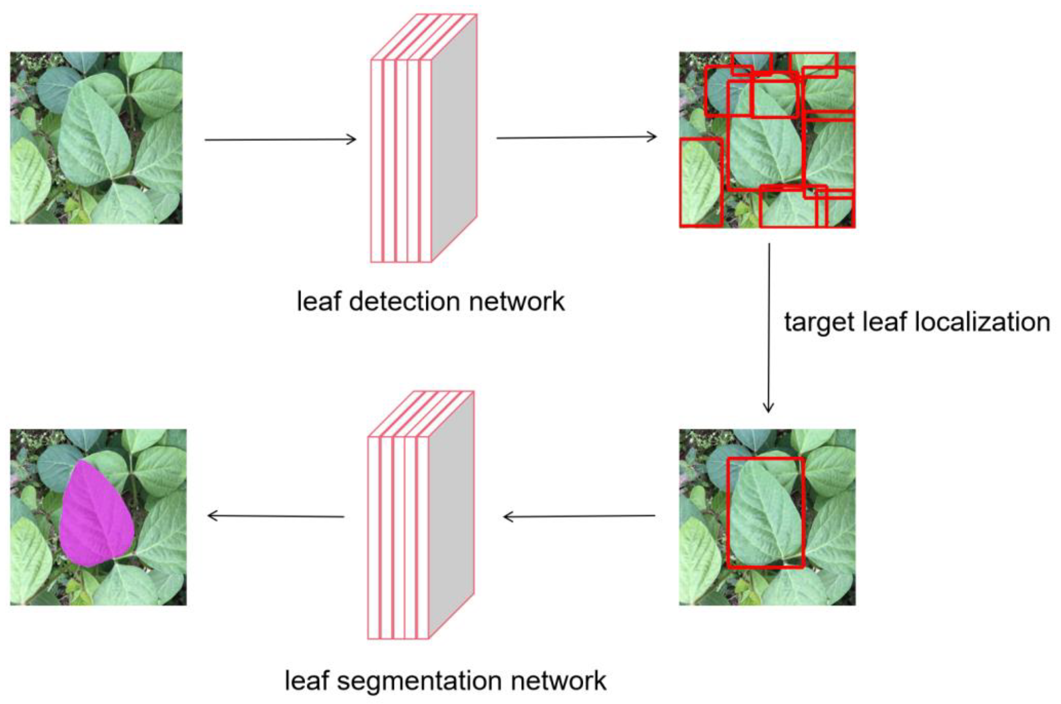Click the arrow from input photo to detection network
click(280, 140)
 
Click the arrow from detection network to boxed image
click(576, 137)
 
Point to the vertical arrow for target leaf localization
click(769, 328)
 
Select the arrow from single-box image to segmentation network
click(579, 516)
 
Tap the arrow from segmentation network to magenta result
click(276, 516)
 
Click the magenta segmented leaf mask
click(96, 516)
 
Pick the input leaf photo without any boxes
click(96, 138)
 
